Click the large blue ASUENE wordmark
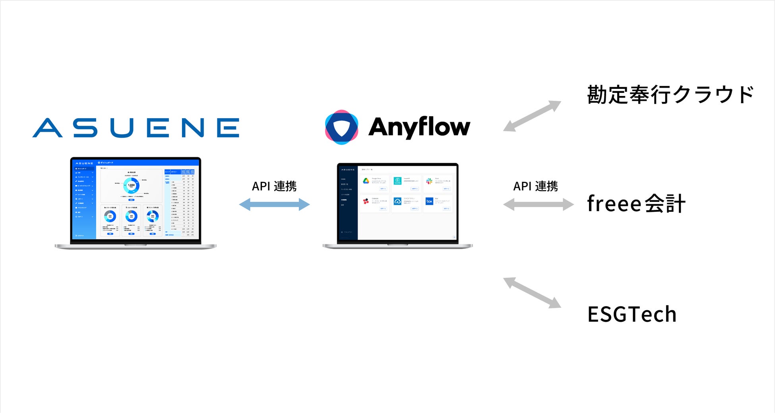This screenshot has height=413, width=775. coord(136,128)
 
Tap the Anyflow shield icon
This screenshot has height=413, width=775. coord(341,127)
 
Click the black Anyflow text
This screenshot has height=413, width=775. coord(419,127)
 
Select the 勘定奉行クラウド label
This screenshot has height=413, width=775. coord(670,95)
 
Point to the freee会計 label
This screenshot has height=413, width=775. coord(636,204)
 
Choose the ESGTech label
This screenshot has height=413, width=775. coord(632,314)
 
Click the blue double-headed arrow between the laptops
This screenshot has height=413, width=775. coord(274,204)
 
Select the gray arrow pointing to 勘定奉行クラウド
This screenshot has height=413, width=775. coord(532,116)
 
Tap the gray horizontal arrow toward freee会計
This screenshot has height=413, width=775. coord(538,204)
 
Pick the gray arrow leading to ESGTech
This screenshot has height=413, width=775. coord(532,293)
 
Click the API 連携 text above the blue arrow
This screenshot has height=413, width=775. coord(274,186)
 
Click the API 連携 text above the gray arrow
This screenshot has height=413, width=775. coord(535,186)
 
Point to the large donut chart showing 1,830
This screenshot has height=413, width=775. coord(131,185)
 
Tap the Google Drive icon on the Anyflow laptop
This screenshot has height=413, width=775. coord(366,181)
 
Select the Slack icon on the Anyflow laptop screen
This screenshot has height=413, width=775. coord(429,181)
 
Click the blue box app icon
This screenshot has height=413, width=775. coord(429,201)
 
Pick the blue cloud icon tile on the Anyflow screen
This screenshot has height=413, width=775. coord(397,201)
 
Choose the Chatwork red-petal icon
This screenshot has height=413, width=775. coord(366,201)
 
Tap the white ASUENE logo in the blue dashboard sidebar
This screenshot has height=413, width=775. coord(84,163)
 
